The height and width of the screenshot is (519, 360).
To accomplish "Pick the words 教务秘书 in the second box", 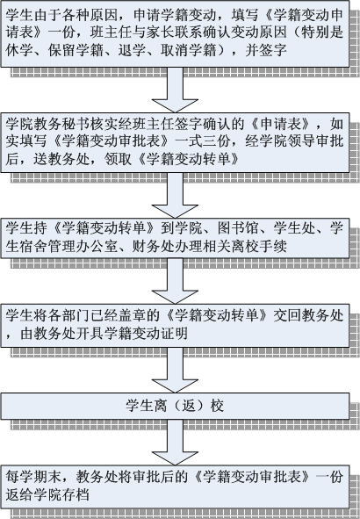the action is tap(76, 124).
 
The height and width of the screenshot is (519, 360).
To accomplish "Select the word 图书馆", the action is tap(238, 228).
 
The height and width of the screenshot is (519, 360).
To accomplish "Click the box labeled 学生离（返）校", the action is tap(175, 406).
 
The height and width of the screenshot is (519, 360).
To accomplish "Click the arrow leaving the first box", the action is tap(175, 90).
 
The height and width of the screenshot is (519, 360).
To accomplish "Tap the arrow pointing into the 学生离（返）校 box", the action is tap(175, 370).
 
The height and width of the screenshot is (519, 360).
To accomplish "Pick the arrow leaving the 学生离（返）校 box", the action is tap(175, 443).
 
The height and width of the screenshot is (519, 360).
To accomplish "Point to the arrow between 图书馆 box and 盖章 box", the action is tap(175, 281).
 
